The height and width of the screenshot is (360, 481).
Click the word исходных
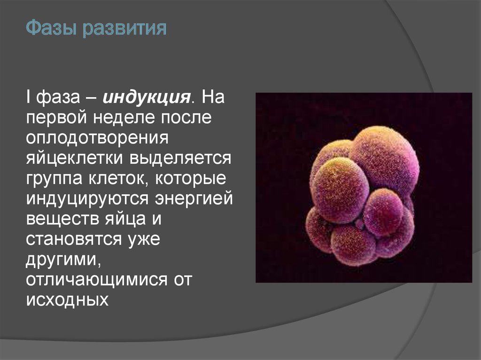[x=67, y=300]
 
